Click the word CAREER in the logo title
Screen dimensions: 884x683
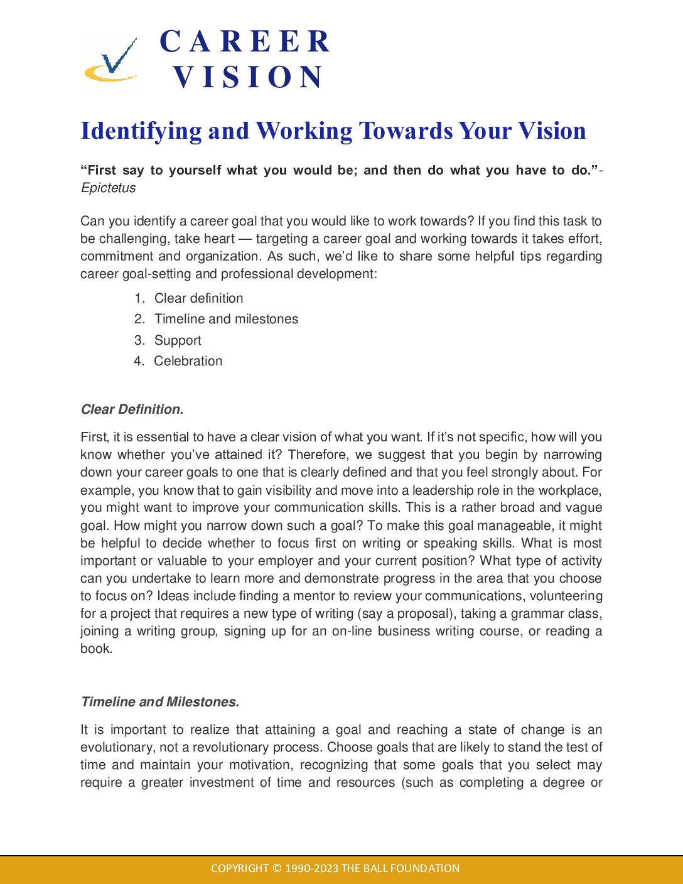[x=245, y=42]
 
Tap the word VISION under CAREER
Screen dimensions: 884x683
[x=249, y=77]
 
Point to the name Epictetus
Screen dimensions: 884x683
[x=108, y=188]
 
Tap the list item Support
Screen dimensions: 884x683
[x=178, y=340]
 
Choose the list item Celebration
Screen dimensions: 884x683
[x=188, y=361]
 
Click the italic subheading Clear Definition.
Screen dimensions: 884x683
[x=132, y=409]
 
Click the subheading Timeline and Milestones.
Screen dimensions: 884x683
[x=160, y=702]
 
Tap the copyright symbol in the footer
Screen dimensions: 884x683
[x=277, y=868]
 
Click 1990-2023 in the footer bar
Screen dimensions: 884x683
[x=312, y=868]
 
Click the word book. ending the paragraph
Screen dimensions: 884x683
[x=96, y=649]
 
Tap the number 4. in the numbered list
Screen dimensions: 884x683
[x=139, y=361]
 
